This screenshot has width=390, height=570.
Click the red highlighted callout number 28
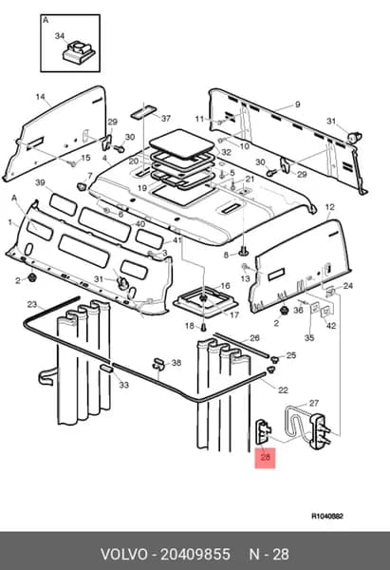point(266,457)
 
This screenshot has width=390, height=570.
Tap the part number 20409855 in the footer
point(195,555)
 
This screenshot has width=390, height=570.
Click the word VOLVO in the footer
point(123,555)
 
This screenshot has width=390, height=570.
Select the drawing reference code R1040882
point(326,516)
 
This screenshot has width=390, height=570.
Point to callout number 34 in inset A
point(60,36)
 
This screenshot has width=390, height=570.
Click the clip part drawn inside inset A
point(79,52)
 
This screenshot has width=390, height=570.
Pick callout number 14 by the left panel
point(40,97)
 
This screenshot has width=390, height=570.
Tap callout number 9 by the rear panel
point(297,104)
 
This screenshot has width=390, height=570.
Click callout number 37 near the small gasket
point(166,119)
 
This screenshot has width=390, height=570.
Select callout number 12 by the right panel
point(329,207)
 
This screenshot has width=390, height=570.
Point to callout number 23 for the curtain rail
point(32,304)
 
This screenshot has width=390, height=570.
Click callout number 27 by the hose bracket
point(314,403)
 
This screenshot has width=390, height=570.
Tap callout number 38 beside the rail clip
point(176,363)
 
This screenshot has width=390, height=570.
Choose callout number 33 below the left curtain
point(123,385)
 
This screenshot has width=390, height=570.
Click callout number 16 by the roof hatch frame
point(225,286)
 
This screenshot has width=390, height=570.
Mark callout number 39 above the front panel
point(40,182)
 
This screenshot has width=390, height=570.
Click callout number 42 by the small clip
point(331,326)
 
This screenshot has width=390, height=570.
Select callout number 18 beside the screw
point(190,326)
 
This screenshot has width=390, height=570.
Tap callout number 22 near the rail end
point(283,390)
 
